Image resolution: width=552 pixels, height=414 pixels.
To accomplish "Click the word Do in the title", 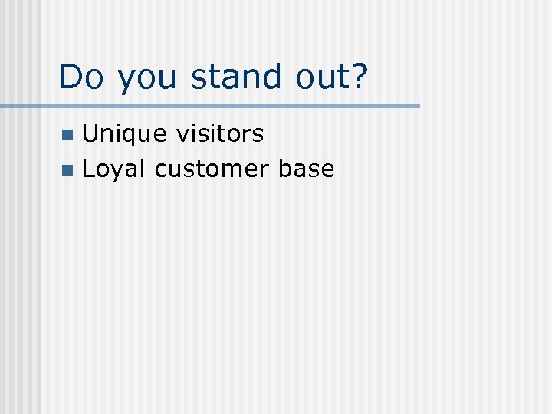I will tap(80, 77).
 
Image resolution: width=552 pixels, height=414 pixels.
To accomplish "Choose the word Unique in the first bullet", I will tap(124, 135).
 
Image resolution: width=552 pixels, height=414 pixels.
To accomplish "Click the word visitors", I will tap(220, 134).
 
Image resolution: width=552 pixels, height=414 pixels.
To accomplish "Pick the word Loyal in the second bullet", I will tap(113, 169).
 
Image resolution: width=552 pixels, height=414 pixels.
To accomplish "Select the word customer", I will tap(212, 169).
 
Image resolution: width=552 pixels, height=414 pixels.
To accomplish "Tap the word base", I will tap(307, 169).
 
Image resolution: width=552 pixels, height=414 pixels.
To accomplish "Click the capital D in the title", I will tap(71, 77).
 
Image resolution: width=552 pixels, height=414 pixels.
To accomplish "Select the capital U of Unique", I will tap(90, 134).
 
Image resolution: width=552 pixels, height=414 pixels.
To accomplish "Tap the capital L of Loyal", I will tap(87, 169).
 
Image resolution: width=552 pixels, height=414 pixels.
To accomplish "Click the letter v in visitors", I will tap(181, 136).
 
